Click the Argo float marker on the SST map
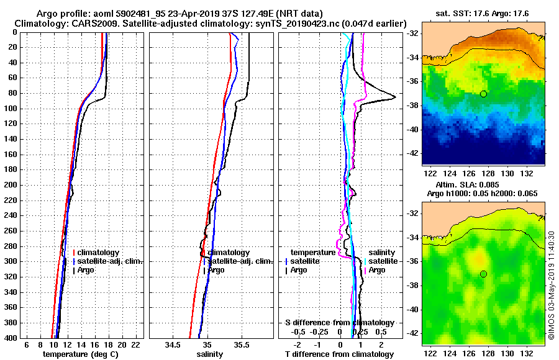(483, 94)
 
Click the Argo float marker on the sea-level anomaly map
(483, 274)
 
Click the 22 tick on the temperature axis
(133, 344)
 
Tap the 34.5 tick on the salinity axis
(173, 344)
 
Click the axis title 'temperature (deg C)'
(80, 354)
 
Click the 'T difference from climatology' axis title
(339, 354)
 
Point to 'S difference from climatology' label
(339, 323)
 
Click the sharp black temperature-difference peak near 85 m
(395, 98)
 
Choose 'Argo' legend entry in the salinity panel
(216, 270)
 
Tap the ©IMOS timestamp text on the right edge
(552, 289)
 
